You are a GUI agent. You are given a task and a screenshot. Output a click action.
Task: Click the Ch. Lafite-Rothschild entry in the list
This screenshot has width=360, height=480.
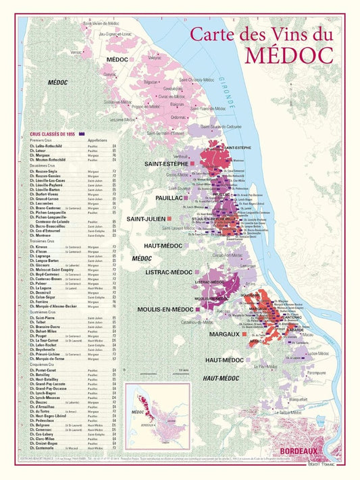coord(47,146)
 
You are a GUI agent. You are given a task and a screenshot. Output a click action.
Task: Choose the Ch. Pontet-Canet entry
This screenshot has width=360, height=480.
coord(44,370)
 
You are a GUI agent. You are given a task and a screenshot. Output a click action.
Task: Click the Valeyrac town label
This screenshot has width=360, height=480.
coord(155,59)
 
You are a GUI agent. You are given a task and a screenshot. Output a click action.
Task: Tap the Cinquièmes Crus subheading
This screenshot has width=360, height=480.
coord(42,365)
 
